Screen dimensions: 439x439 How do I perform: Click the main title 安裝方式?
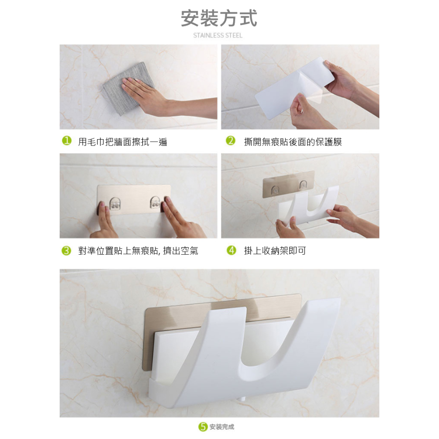coord(219,18)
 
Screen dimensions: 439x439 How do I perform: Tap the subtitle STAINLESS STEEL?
coord(218,36)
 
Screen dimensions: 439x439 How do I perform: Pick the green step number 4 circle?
coord(231,251)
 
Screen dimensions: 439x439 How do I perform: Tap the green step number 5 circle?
coord(203,427)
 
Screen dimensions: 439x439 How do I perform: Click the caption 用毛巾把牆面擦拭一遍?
coord(122,142)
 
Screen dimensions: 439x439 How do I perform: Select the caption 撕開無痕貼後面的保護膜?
coord(293,142)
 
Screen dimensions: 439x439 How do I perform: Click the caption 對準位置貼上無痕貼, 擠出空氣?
coord(138,251)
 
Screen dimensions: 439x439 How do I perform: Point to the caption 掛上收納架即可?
coord(275,251)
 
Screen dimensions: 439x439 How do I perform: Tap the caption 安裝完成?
coord(222,427)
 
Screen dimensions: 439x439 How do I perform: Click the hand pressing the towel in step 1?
coord(145,94)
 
